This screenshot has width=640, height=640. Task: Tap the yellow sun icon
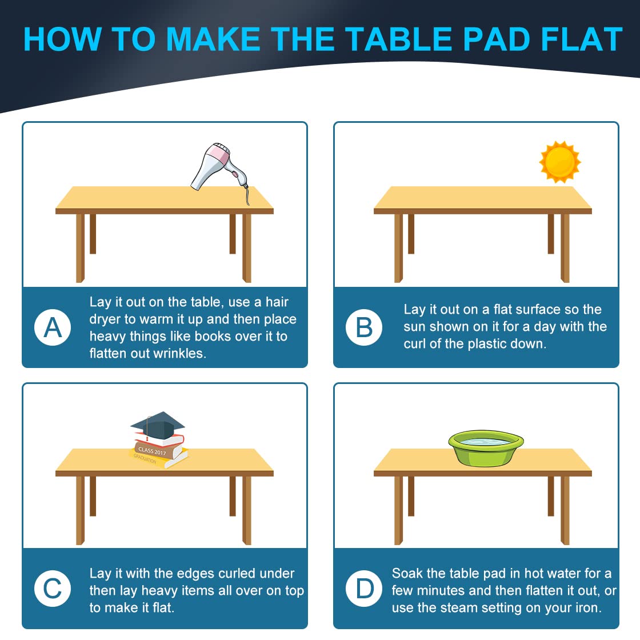click(560, 162)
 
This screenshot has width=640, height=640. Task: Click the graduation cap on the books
click(158, 425)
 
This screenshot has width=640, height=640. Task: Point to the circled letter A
click(53, 327)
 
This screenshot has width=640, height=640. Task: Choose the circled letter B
click(364, 327)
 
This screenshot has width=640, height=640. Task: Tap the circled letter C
click(53, 589)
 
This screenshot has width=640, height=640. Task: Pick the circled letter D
click(364, 589)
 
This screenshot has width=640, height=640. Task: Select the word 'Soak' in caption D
click(406, 574)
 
